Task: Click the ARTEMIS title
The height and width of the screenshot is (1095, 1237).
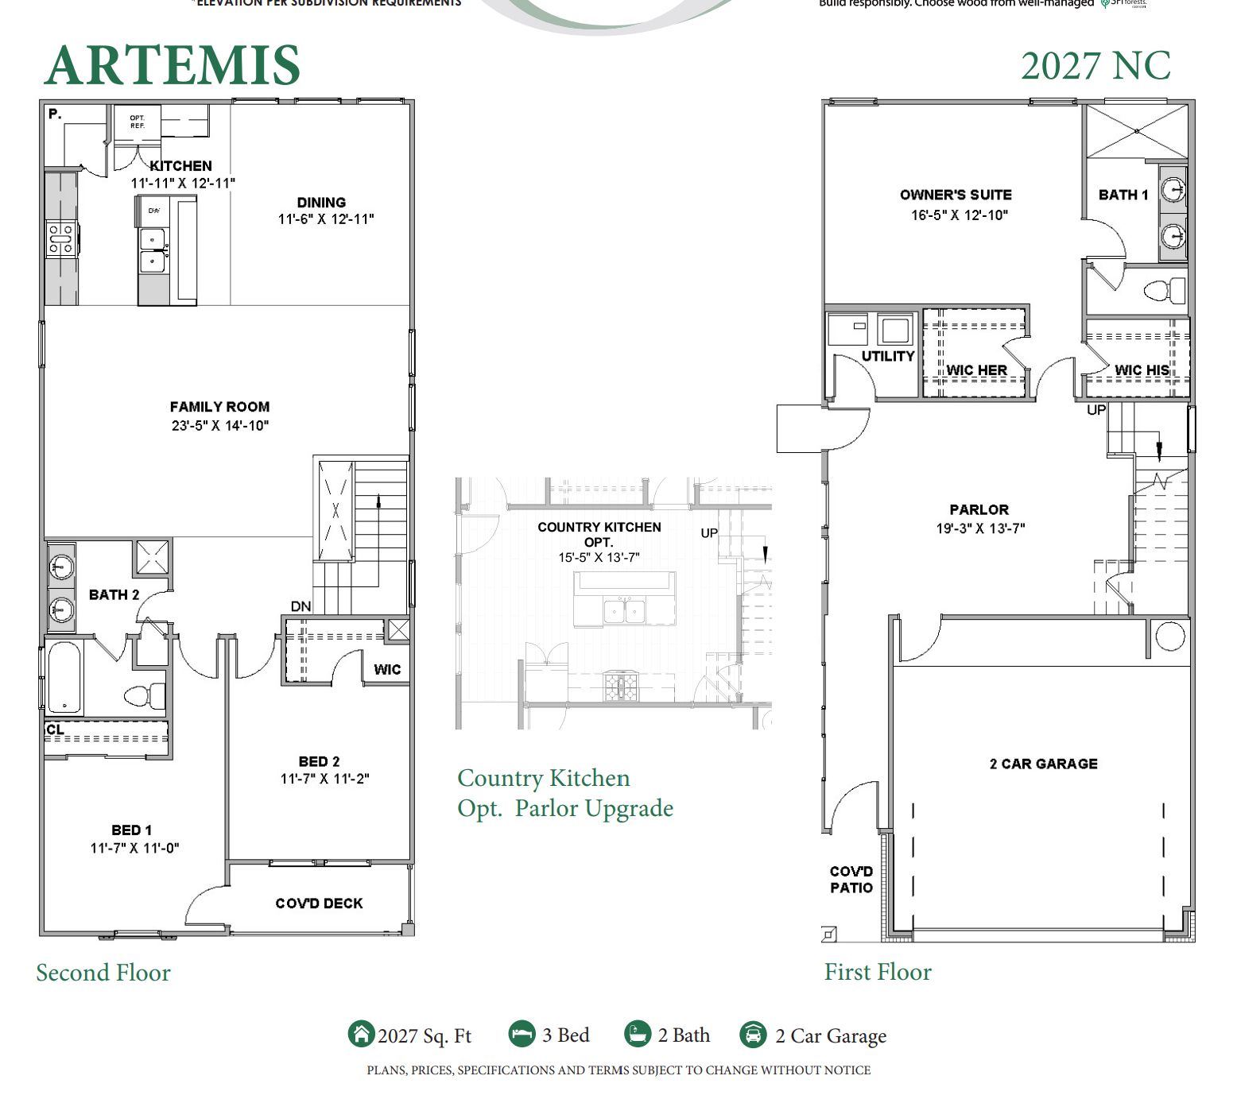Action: pyautogui.click(x=172, y=65)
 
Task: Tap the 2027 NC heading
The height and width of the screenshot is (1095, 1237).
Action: pyautogui.click(x=1095, y=66)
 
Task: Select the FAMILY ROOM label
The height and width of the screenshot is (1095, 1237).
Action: pyautogui.click(x=219, y=407)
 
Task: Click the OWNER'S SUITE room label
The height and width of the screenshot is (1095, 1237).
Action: pyautogui.click(x=956, y=195)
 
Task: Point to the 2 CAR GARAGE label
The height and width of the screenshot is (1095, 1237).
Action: pyautogui.click(x=1043, y=764)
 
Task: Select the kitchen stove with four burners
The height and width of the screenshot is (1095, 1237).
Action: pyautogui.click(x=61, y=239)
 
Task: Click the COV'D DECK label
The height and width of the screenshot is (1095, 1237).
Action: pyautogui.click(x=319, y=903)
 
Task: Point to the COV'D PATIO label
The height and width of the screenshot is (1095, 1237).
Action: pyautogui.click(x=851, y=880)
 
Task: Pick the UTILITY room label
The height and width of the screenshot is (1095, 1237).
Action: pyautogui.click(x=888, y=356)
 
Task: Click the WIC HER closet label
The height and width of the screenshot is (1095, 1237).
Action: pyautogui.click(x=976, y=370)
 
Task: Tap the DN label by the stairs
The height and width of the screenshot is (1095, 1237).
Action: pyautogui.click(x=301, y=606)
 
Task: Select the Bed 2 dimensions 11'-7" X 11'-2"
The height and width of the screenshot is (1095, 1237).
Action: pyautogui.click(x=324, y=779)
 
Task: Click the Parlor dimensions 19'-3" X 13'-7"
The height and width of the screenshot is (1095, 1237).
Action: pyautogui.click(x=979, y=528)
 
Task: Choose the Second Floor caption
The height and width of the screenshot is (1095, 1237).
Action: pyautogui.click(x=103, y=973)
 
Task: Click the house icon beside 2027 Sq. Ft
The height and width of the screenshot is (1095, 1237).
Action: pyautogui.click(x=361, y=1035)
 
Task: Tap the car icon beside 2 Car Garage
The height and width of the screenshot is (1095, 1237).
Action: pyautogui.click(x=753, y=1035)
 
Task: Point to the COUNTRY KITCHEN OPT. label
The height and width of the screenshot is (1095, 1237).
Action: pyautogui.click(x=599, y=534)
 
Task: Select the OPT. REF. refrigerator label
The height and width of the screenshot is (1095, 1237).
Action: pyautogui.click(x=138, y=122)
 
